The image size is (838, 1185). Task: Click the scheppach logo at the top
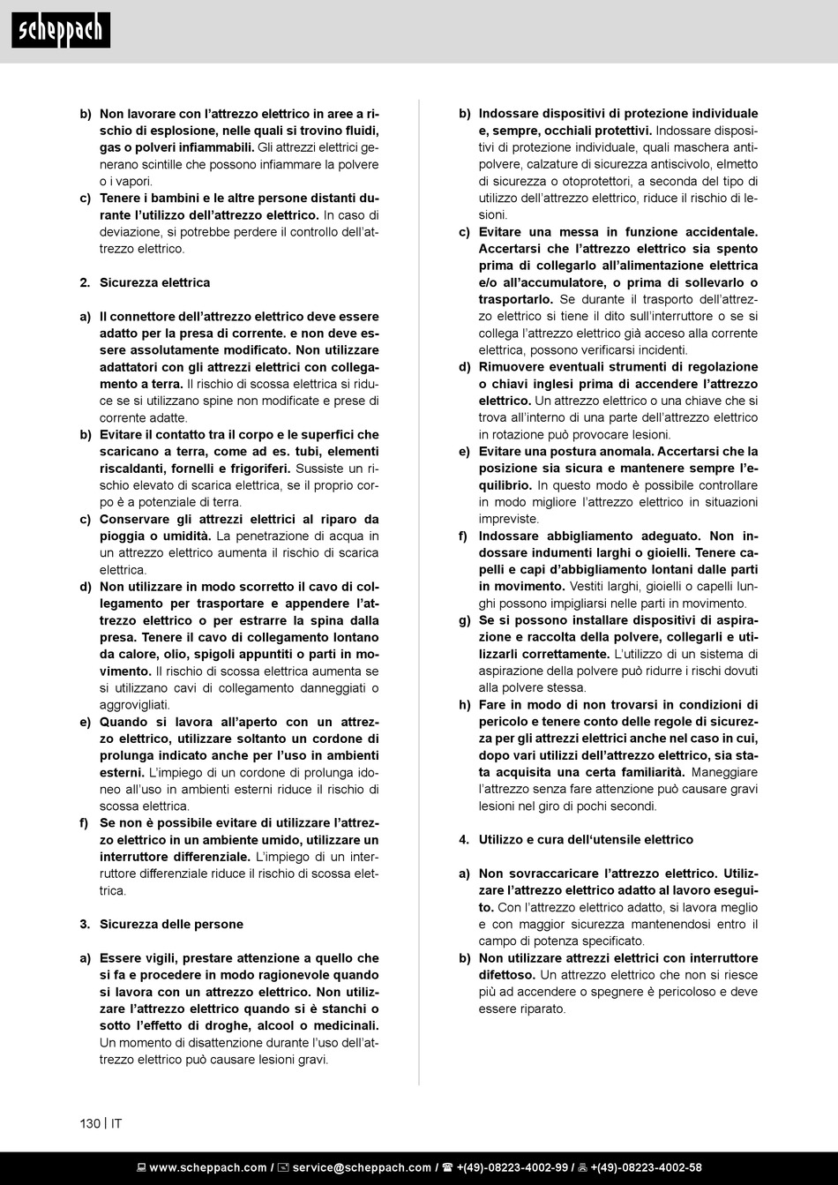coord(61,31)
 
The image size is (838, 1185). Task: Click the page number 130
coord(90,1123)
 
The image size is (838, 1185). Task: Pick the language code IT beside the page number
coord(116,1123)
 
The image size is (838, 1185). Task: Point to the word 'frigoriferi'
coord(254,468)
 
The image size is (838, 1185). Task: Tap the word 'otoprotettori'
coord(587,181)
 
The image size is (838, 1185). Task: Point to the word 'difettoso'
coord(506,975)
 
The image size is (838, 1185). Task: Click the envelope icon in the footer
coord(283,1167)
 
